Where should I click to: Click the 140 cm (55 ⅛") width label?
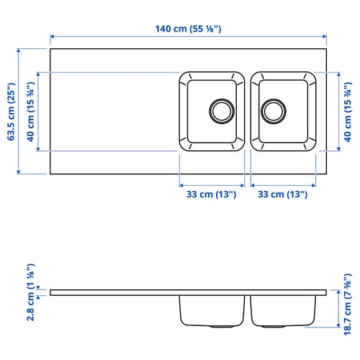coord(188,29)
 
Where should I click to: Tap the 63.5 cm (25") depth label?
coord(12,112)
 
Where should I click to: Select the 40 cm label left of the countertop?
coord(30,112)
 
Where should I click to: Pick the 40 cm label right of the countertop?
coord(348,112)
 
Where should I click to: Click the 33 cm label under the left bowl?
coord(211,194)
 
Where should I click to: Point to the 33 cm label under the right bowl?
coord(282,194)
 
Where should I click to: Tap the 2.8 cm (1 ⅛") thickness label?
coord(31,292)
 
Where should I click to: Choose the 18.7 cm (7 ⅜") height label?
coord(348,305)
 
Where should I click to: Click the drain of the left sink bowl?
coord(222,111)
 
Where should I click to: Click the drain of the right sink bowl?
coord(274,111)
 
